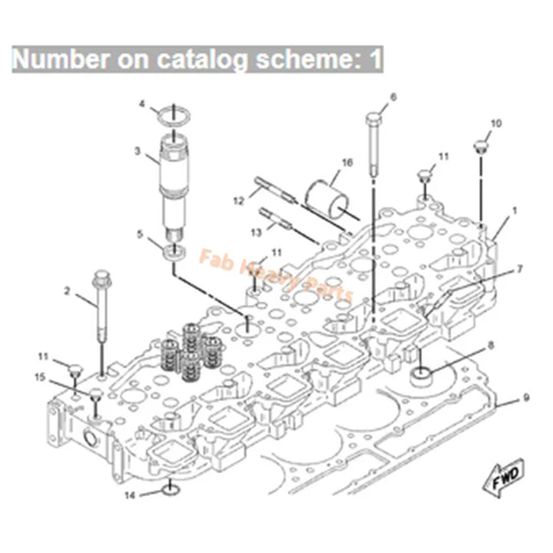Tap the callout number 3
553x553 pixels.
pyautogui.click(x=137, y=151)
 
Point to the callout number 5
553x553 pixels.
pyautogui.click(x=141, y=233)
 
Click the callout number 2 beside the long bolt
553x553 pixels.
pyautogui.click(x=67, y=292)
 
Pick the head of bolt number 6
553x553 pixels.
pyautogui.click(x=373, y=117)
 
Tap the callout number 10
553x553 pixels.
pyautogui.click(x=495, y=123)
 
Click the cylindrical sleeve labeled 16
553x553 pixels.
pyautogui.click(x=329, y=195)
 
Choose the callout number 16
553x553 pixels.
pyautogui.click(x=347, y=162)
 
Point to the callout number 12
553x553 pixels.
pyautogui.click(x=238, y=201)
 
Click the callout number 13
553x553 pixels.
pyautogui.click(x=243, y=232)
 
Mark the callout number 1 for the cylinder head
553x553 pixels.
pyautogui.click(x=515, y=209)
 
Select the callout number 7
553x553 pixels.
pyautogui.click(x=519, y=269)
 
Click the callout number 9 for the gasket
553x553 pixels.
pyautogui.click(x=526, y=398)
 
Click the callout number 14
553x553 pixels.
pyautogui.click(x=130, y=495)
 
